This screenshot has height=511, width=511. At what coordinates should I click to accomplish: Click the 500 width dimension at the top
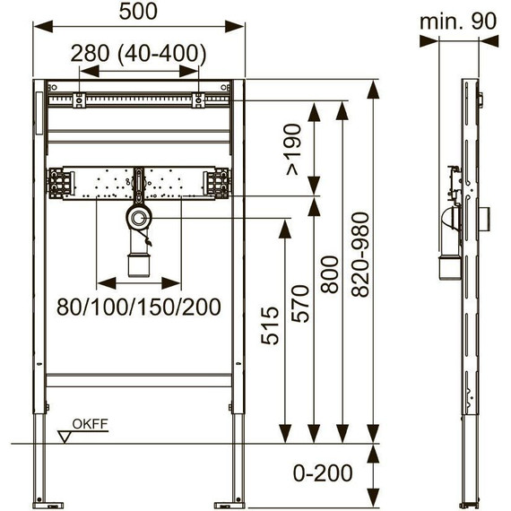click(139, 13)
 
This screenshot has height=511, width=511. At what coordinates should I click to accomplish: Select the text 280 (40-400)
click(139, 53)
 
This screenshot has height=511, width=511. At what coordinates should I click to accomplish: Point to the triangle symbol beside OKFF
click(65, 437)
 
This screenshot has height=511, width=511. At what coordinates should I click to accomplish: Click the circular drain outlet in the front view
click(139, 217)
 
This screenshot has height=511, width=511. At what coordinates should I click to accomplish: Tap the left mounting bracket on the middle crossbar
click(61, 182)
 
